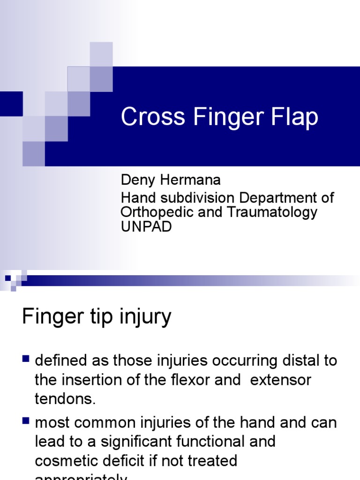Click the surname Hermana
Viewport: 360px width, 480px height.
click(x=191, y=180)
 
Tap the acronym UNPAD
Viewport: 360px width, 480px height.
click(x=146, y=226)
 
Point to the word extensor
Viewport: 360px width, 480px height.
click(x=281, y=380)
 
